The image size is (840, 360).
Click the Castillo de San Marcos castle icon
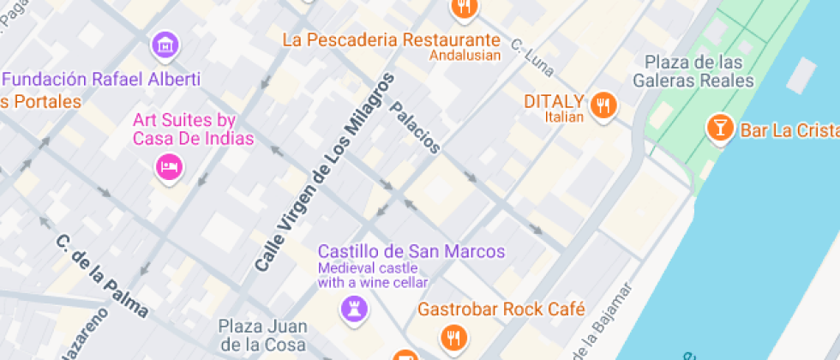[x=351, y=308]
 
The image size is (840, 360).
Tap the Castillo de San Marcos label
[x=411, y=251]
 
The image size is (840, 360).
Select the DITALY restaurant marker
[x=604, y=105]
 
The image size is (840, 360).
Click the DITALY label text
[x=554, y=100]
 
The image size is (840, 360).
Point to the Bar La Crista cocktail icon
[x=718, y=129]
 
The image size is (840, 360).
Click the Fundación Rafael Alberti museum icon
[x=165, y=45]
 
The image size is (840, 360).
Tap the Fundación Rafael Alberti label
[x=101, y=80]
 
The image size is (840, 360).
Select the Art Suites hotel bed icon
[x=169, y=165]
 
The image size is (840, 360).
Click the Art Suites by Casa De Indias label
[x=193, y=129]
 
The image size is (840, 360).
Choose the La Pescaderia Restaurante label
[x=391, y=39]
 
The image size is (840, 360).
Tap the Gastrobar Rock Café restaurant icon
[x=453, y=337]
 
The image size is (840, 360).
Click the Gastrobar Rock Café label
[x=501, y=309]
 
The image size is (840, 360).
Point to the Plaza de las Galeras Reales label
[x=693, y=72]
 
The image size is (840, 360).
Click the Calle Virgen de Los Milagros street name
[x=325, y=173]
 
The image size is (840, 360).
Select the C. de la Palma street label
[x=102, y=276]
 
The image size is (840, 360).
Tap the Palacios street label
[x=415, y=128]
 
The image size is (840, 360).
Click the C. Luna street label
[x=532, y=57]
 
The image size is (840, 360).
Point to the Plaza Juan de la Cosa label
[x=261, y=335]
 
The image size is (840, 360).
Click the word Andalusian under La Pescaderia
[x=464, y=57]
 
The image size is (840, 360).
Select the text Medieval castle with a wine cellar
[x=373, y=274]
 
